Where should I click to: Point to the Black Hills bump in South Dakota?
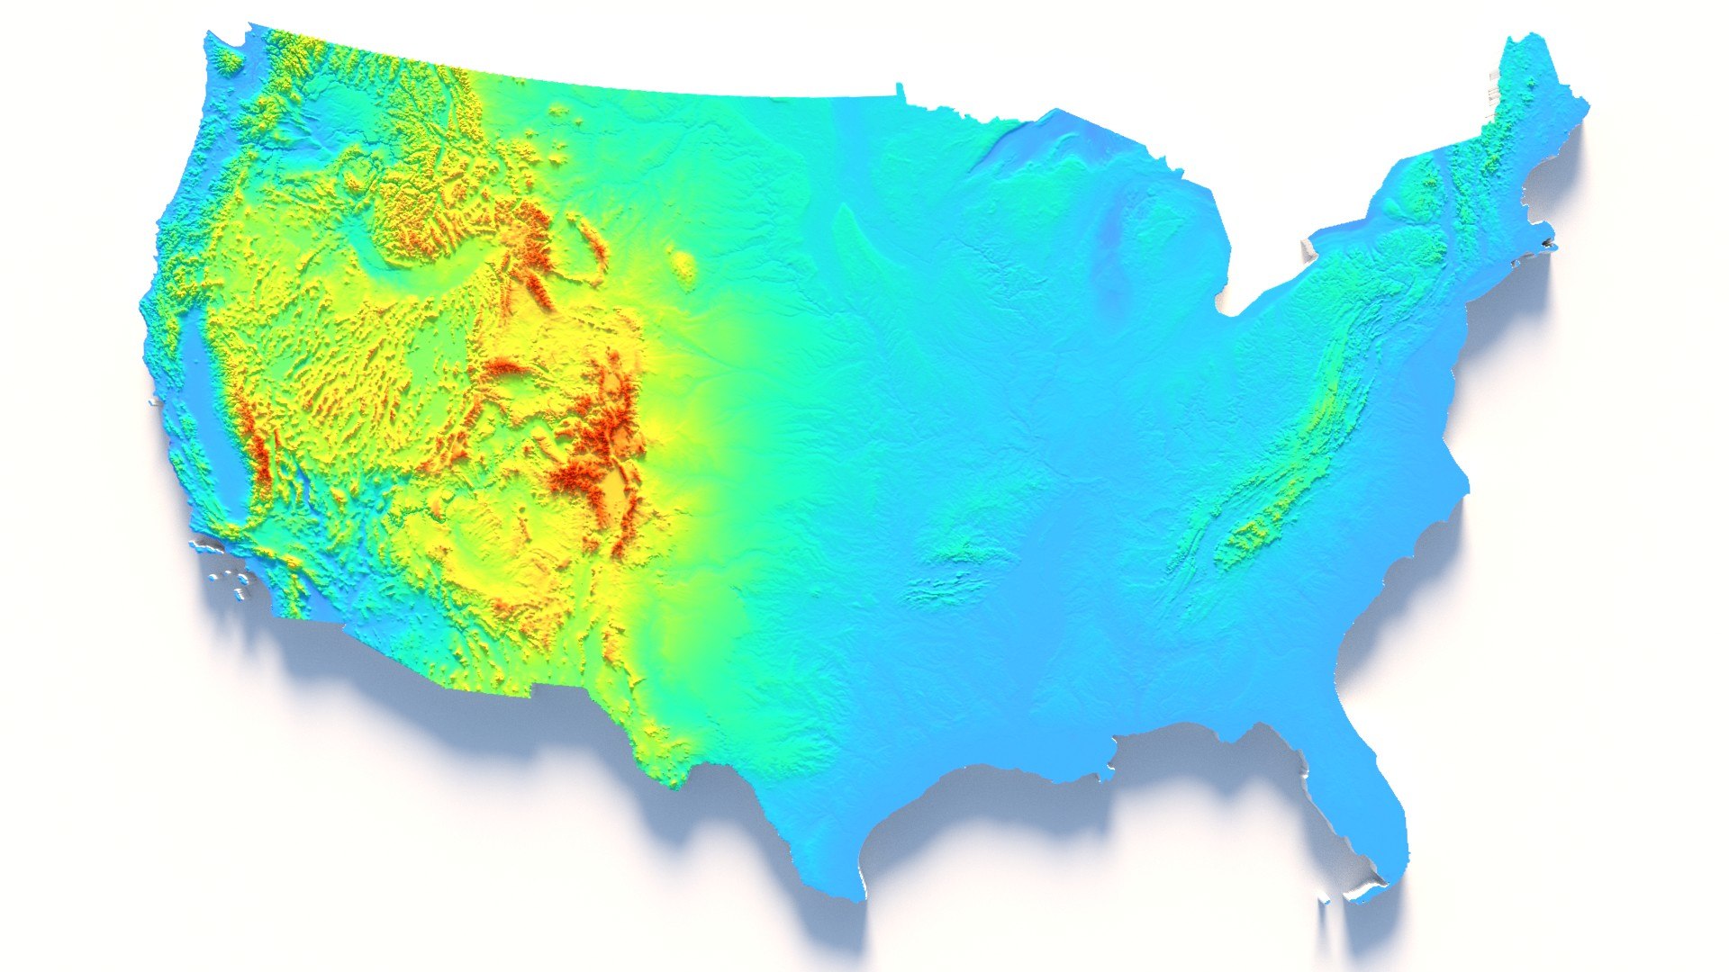tap(685, 265)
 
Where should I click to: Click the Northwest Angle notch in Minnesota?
tap(899, 88)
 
